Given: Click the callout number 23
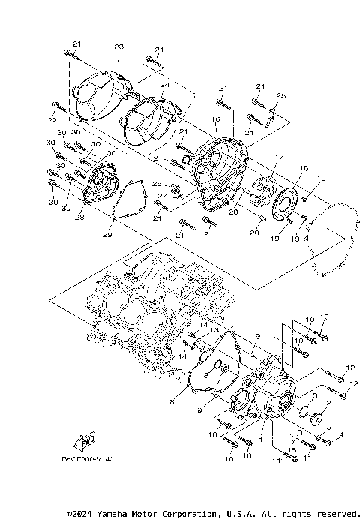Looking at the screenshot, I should point(118,47).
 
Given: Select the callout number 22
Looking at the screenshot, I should point(52,120).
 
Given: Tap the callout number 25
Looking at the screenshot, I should point(281,96).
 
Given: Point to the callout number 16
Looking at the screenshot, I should point(215,119).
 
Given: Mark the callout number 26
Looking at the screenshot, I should point(157,182).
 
